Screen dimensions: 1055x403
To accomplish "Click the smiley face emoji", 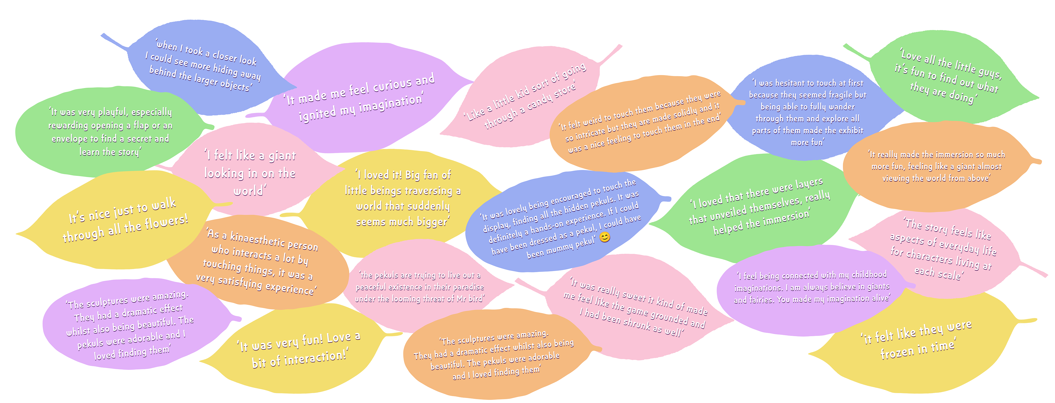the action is [604, 237].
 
